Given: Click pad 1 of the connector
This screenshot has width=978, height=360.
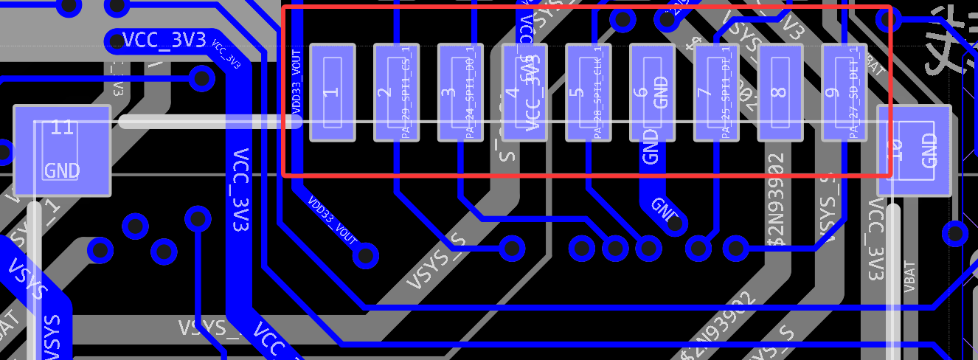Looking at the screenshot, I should tap(332, 92).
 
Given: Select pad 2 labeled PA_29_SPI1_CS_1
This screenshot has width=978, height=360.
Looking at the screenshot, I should tap(396, 92).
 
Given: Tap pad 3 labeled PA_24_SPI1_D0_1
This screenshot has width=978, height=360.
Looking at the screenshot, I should tap(460, 92).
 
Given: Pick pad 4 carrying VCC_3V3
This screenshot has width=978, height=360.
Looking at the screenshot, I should tap(524, 92).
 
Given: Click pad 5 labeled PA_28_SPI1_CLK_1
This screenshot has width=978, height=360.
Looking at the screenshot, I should tap(589, 92).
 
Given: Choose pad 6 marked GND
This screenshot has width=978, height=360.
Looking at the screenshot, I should tap(652, 92).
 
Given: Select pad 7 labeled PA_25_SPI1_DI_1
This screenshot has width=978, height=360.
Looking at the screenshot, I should tap(716, 92).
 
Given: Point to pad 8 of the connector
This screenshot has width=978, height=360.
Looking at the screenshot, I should tap(780, 92).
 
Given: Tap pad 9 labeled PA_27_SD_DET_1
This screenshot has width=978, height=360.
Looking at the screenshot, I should tap(845, 92).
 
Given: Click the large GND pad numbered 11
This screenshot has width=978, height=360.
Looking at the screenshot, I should tap(62, 150).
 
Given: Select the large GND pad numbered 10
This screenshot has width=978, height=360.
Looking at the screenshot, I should tap(914, 150).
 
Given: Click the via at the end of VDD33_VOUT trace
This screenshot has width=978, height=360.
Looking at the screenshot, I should tap(365, 255).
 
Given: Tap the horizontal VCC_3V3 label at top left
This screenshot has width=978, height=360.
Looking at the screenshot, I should tap(164, 40).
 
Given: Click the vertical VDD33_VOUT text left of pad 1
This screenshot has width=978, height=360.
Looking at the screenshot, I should tap(296, 82).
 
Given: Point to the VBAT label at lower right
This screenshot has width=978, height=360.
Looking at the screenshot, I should tap(909, 276).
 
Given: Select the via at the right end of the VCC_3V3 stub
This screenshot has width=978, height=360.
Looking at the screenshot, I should tap(201, 77).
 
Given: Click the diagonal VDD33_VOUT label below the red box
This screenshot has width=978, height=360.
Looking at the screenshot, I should tap(333, 219).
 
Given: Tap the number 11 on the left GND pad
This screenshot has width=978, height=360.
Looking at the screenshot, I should tap(62, 128).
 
